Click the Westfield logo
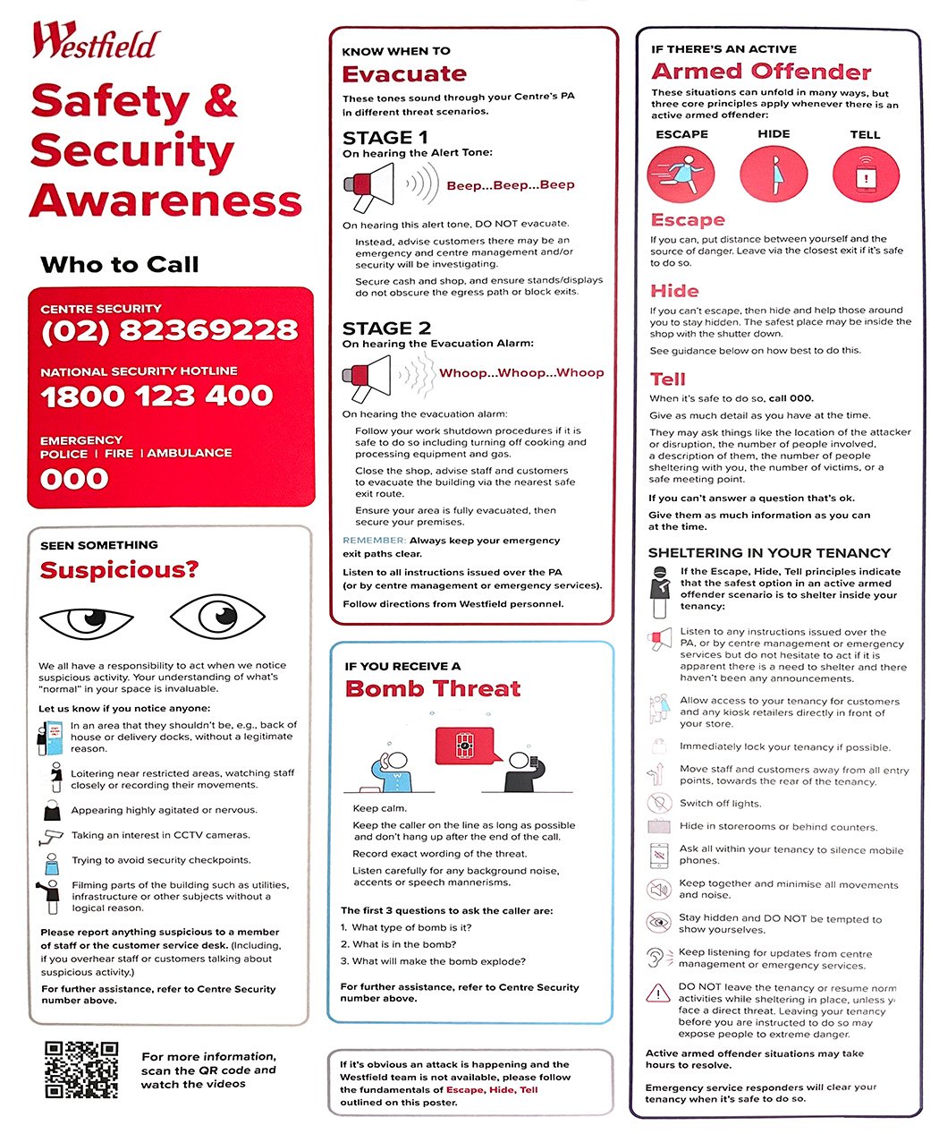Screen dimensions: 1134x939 click(x=96, y=42)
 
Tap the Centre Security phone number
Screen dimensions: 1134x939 click(x=169, y=330)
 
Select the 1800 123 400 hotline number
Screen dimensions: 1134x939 click(x=156, y=396)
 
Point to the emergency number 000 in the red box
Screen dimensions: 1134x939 click(x=74, y=479)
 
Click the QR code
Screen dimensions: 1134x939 click(x=81, y=1069)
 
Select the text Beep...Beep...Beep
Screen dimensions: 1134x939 click(x=510, y=185)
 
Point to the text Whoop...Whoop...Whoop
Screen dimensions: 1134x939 click(x=521, y=372)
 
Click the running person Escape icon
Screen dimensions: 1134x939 click(x=681, y=174)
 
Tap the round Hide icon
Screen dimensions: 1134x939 click(x=774, y=174)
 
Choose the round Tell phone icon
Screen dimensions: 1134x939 click(x=865, y=175)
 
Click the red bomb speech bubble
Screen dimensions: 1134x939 click(x=463, y=746)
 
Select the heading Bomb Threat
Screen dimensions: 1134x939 click(x=433, y=688)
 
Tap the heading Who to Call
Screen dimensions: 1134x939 click(x=120, y=265)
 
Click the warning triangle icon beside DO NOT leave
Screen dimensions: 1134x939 click(x=658, y=993)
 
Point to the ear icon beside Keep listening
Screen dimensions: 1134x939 click(x=657, y=958)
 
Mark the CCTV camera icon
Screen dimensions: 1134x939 click(x=50, y=837)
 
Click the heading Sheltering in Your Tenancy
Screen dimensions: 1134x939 click(x=769, y=553)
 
